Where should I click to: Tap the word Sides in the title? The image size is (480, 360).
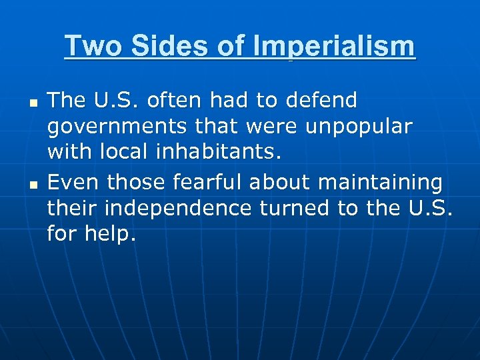point(157,47)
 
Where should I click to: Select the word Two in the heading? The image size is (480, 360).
point(89,47)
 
